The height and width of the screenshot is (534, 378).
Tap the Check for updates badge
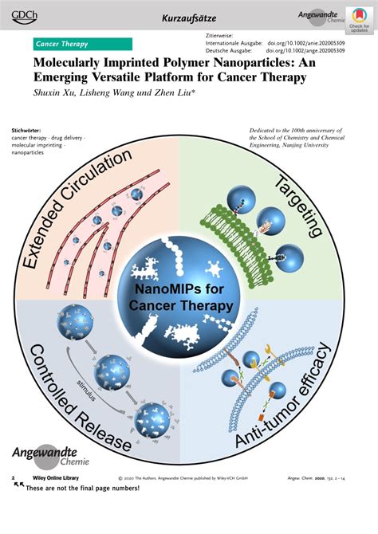[359, 18]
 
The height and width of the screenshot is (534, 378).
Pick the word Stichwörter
[27, 130]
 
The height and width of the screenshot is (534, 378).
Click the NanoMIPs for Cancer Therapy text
[184, 298]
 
